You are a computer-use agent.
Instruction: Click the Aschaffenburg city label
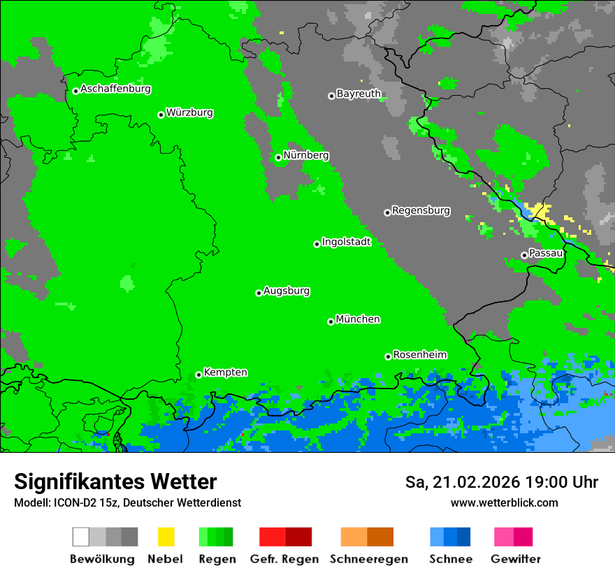pyautogui.click(x=115, y=89)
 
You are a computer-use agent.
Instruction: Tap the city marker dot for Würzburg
pyautogui.click(x=161, y=115)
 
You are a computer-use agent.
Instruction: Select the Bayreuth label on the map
pyautogui.click(x=359, y=94)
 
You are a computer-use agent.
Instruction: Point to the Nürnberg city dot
pyautogui.click(x=278, y=157)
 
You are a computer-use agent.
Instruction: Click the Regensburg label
pyautogui.click(x=421, y=210)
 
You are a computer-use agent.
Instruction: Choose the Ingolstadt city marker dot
pyautogui.click(x=317, y=244)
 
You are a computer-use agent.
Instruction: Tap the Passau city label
pyautogui.click(x=546, y=253)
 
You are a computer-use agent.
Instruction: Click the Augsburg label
pyautogui.click(x=287, y=291)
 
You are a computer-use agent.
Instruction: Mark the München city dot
pyautogui.click(x=331, y=321)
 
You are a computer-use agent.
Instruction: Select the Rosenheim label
pyautogui.click(x=419, y=354)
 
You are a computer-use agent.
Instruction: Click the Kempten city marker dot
pyautogui.click(x=198, y=375)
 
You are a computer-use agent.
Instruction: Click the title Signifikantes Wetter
pyautogui.click(x=115, y=482)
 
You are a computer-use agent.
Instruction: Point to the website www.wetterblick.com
pyautogui.click(x=504, y=502)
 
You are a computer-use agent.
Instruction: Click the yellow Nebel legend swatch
pyautogui.click(x=166, y=537)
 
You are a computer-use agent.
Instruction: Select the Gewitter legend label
pyautogui.click(x=515, y=559)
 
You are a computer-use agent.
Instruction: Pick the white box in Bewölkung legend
pyautogui.click(x=80, y=537)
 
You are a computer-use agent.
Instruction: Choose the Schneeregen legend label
pyautogui.click(x=368, y=559)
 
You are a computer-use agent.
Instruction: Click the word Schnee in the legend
pyautogui.click(x=450, y=559)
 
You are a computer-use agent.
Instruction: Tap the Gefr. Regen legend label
pyautogui.click(x=284, y=559)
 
